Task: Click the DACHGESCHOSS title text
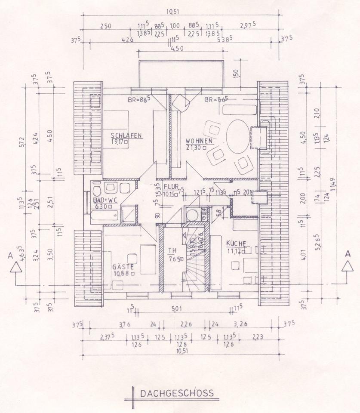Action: point(176,393)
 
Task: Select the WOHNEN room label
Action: point(199,141)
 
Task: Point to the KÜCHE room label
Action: point(236,243)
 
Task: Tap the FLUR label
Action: point(171,187)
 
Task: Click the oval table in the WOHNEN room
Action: point(238,136)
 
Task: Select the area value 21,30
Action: point(195,147)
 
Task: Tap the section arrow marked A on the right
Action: point(347,266)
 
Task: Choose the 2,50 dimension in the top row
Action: point(105,26)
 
